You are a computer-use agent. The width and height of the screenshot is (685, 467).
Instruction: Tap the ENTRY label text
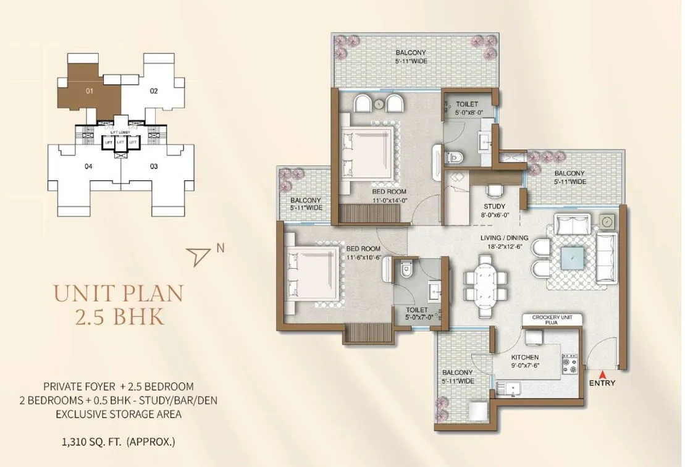coord(603,383)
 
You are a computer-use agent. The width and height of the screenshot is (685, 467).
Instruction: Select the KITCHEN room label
coord(525,358)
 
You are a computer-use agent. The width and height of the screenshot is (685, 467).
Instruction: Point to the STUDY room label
coord(495,206)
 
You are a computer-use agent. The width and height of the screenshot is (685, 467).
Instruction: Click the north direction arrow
coord(198,255)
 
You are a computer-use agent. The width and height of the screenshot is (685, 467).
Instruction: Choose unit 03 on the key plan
coord(154,166)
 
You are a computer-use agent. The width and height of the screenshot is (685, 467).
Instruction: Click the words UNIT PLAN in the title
coord(119,292)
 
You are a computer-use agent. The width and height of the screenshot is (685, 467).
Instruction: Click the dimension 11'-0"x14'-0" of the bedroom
coord(390,200)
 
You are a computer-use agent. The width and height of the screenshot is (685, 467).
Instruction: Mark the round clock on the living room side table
coord(608,221)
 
